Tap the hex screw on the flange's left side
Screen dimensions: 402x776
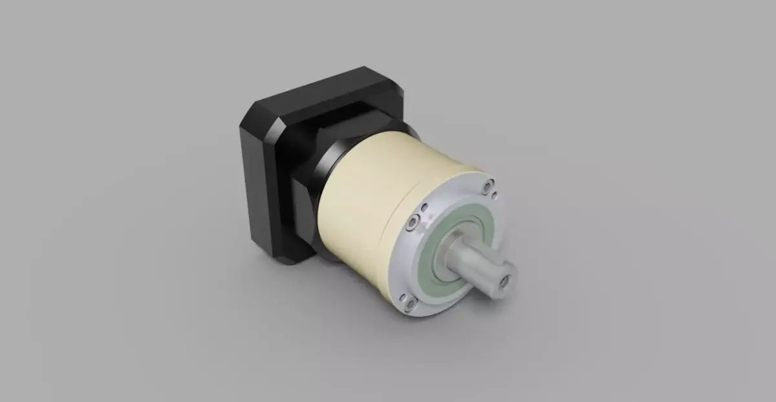click(412, 225)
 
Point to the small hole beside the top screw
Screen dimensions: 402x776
click(495, 194)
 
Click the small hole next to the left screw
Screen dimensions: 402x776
click(424, 209)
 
